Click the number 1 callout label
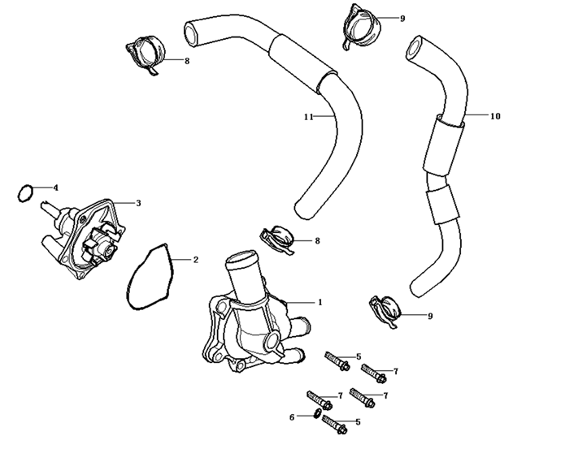point(320,302)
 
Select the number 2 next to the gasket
point(195,261)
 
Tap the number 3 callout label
point(138,203)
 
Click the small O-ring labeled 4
point(25,193)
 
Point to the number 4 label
point(55,188)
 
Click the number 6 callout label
point(292,416)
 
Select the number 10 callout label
point(495,116)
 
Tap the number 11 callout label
point(309,117)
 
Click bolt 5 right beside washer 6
point(335,423)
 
